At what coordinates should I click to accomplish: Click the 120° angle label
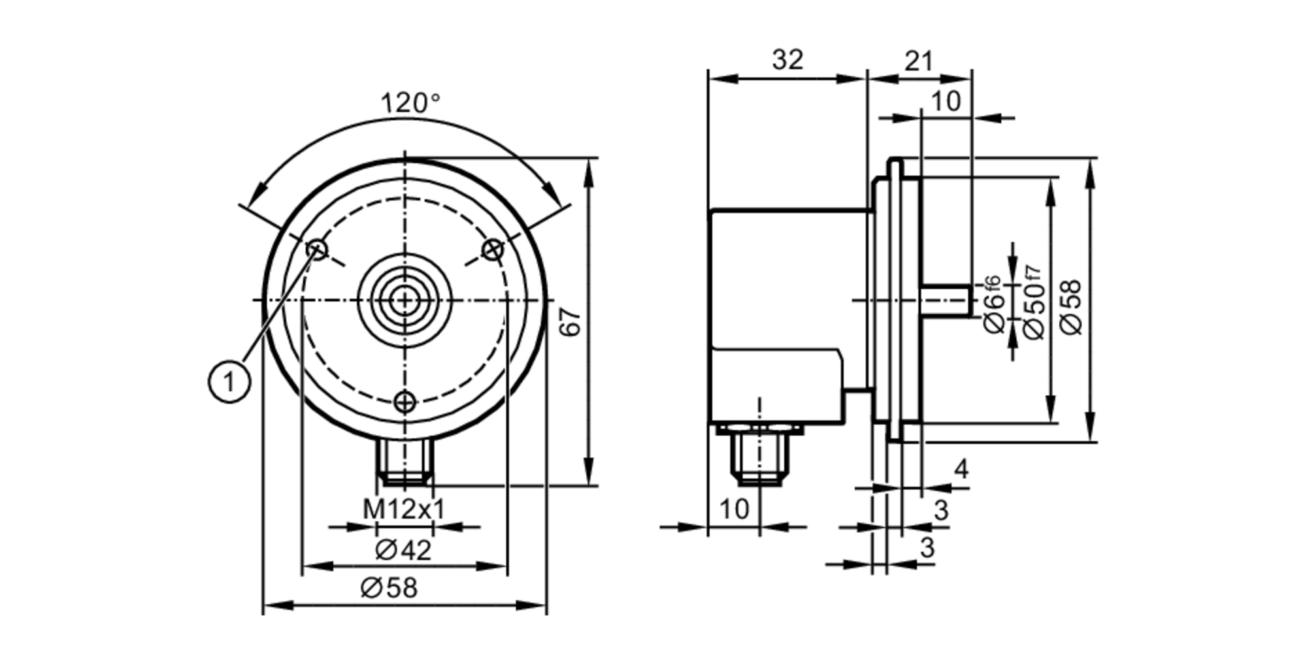tap(410, 103)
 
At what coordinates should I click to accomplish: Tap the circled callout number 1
tap(229, 382)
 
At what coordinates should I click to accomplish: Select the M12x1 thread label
tap(403, 509)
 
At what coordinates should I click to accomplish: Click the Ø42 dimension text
tap(403, 551)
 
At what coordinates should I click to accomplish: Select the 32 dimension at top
tap(787, 60)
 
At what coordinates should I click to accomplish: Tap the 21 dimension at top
tap(919, 61)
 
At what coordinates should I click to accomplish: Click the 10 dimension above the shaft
tap(945, 102)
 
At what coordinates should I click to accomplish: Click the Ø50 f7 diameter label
tap(1033, 302)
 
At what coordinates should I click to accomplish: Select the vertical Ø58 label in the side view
tap(1072, 307)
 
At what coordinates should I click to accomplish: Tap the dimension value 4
tap(961, 469)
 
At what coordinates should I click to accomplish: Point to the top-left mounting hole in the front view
tap(318, 249)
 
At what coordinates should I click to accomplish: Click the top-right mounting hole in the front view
tap(493, 249)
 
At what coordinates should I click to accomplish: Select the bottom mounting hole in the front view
tap(405, 401)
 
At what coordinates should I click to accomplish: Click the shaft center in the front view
tap(405, 300)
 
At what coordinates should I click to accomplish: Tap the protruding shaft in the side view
tap(946, 300)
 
